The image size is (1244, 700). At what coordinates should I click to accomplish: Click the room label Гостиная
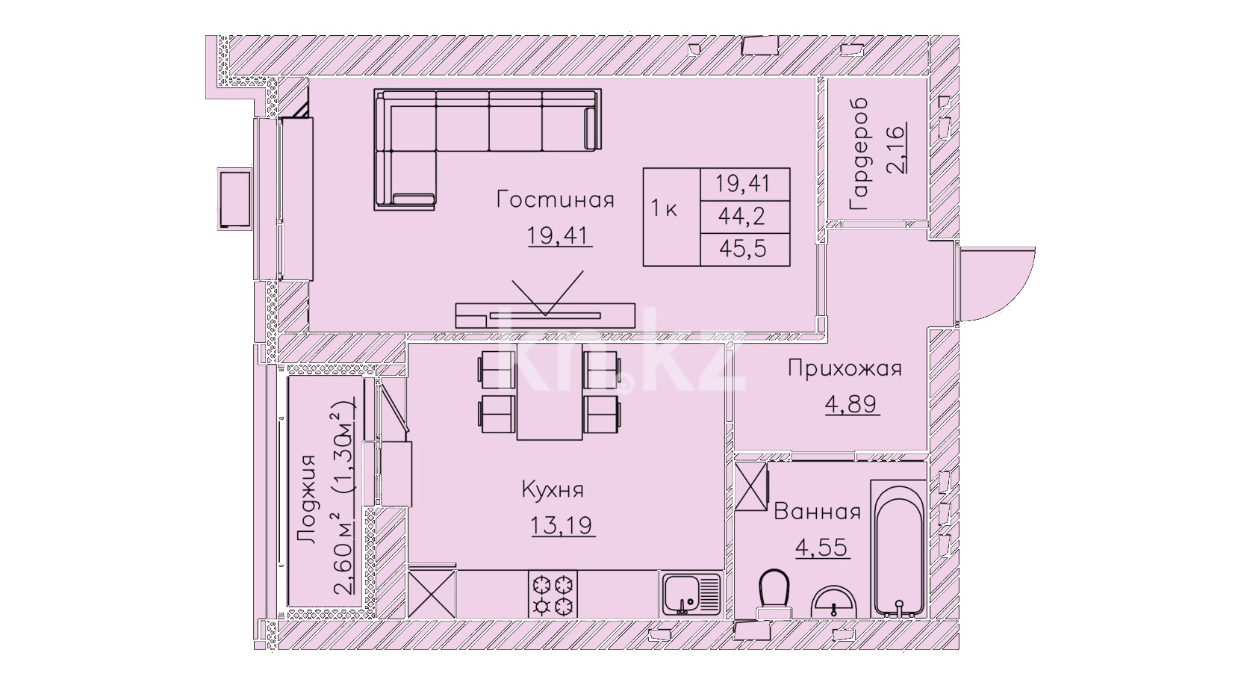[x=555, y=200]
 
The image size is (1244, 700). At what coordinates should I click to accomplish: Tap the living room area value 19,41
[x=560, y=237]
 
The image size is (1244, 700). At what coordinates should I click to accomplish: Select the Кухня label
[x=553, y=491]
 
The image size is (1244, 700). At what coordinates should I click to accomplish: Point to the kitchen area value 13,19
[x=563, y=524]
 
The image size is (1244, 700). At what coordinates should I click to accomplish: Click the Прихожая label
[x=845, y=368]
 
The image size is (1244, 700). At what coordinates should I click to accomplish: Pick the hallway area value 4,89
[x=851, y=404]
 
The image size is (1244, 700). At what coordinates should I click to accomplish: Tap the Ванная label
[x=817, y=512]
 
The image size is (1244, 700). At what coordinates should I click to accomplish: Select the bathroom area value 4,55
[x=821, y=547]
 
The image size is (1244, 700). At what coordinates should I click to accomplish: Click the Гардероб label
[x=859, y=155]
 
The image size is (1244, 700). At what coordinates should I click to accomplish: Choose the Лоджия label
[x=306, y=498]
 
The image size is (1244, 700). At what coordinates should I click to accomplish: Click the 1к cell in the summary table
[x=664, y=209]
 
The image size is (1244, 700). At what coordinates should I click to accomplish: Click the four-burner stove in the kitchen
[x=553, y=594]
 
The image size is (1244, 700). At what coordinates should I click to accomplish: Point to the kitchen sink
[x=691, y=594]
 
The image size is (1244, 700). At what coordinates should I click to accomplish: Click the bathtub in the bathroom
[x=898, y=548]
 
